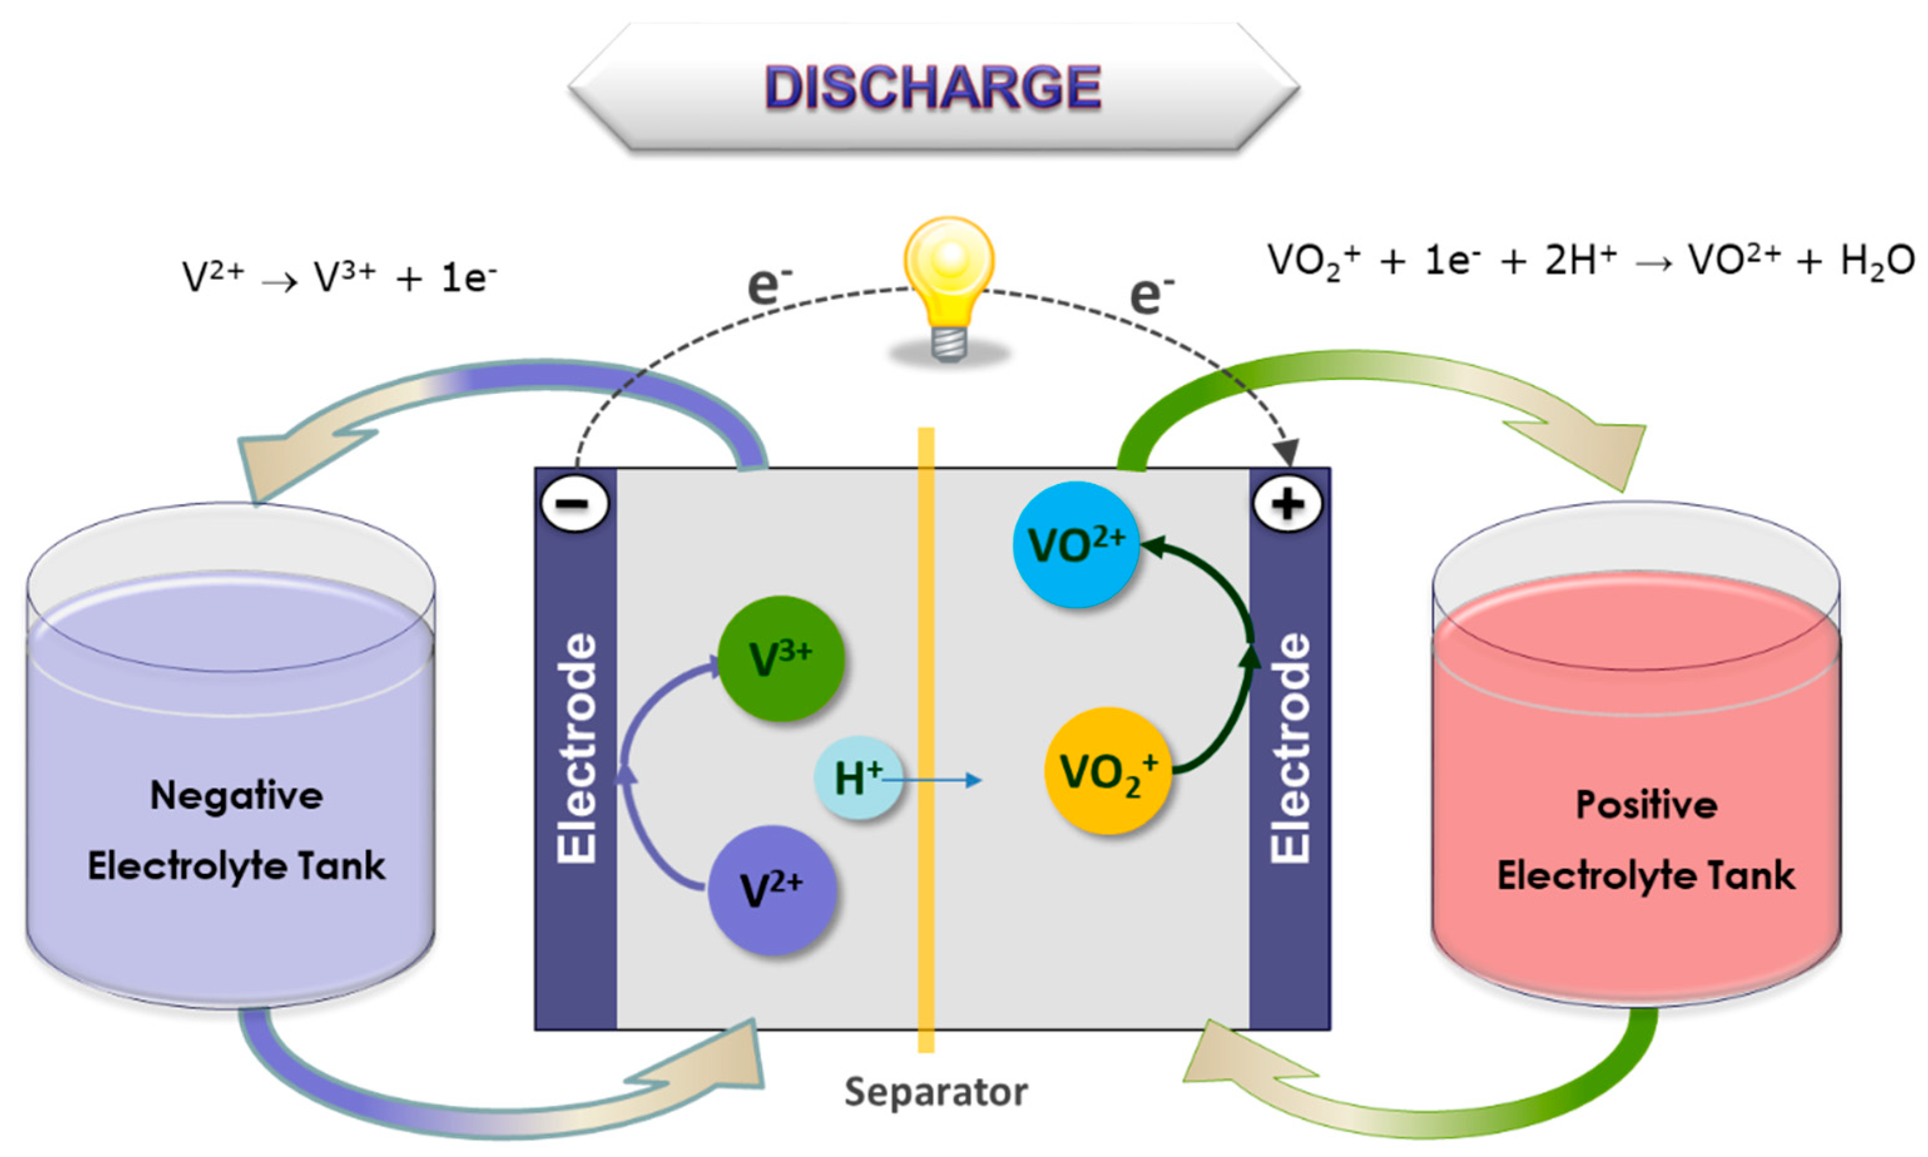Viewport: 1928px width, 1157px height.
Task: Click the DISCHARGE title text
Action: point(932,87)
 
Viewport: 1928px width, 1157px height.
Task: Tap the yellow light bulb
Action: point(949,269)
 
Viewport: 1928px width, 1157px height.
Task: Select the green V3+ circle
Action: point(780,659)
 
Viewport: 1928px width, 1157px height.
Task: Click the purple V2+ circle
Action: point(772,890)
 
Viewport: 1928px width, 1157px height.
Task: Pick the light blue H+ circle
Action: point(858,778)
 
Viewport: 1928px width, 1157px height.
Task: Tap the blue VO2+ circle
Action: point(1076,544)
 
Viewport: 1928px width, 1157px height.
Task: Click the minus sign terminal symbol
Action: point(575,503)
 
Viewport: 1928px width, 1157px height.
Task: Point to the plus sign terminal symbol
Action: point(1287,503)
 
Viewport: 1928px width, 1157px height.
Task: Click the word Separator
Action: point(936,1091)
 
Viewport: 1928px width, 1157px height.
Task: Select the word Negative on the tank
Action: point(236,796)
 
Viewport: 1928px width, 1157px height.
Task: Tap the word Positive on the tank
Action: point(1647,805)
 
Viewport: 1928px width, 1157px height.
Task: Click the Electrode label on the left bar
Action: point(577,748)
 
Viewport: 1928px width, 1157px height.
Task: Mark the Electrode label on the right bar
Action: point(1291,748)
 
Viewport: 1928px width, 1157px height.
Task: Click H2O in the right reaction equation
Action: point(1877,261)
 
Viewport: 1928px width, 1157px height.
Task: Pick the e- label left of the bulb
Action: point(767,286)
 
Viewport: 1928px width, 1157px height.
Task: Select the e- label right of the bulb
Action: point(1150,295)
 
